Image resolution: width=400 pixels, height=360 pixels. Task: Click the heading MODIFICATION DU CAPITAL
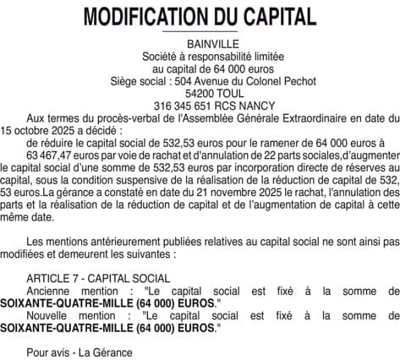click(x=200, y=16)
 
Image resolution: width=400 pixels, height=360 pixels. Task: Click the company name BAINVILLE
click(x=200, y=43)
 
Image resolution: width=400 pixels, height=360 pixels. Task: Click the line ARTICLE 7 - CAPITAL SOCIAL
click(x=97, y=277)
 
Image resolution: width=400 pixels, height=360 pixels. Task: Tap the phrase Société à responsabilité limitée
click(x=200, y=56)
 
